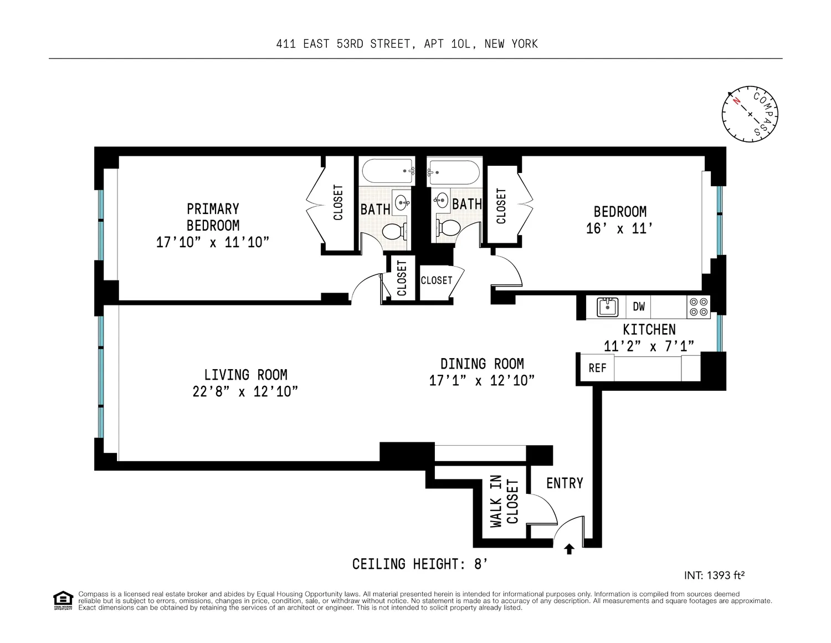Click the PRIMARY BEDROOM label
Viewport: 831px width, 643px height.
pos(213,217)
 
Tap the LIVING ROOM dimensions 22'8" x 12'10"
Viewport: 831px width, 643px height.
pos(245,391)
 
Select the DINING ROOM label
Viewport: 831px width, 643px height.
pos(482,364)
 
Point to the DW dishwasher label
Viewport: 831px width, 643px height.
pos(639,307)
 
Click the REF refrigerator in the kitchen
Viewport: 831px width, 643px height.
pos(597,368)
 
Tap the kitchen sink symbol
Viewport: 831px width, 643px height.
pos(607,307)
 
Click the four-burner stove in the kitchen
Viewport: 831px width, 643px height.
pos(699,307)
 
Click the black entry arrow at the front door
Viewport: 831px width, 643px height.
pos(569,549)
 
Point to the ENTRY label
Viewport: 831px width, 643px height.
pos(565,483)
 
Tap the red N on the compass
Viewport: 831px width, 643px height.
pos(736,101)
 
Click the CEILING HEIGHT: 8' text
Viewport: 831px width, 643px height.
pos(420,564)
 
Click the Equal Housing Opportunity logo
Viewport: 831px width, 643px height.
pos(63,600)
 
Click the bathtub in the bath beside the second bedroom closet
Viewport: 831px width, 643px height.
pos(454,172)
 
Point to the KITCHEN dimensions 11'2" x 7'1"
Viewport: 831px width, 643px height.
pos(649,346)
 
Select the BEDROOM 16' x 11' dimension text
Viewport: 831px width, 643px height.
pos(619,228)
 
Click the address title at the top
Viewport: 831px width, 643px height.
pos(407,44)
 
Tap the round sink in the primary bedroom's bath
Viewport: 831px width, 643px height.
pos(402,202)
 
